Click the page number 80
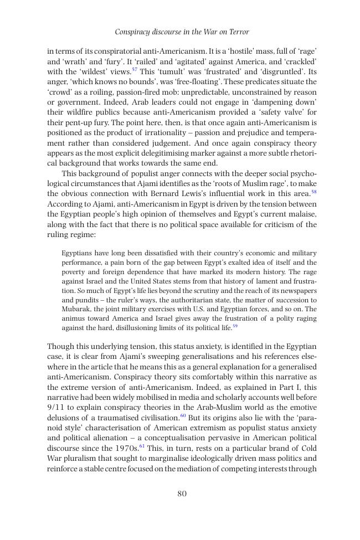(x=182, y=494)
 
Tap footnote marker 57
(x=135, y=70)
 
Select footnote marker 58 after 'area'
(x=314, y=192)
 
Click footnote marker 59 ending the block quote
(x=235, y=327)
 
